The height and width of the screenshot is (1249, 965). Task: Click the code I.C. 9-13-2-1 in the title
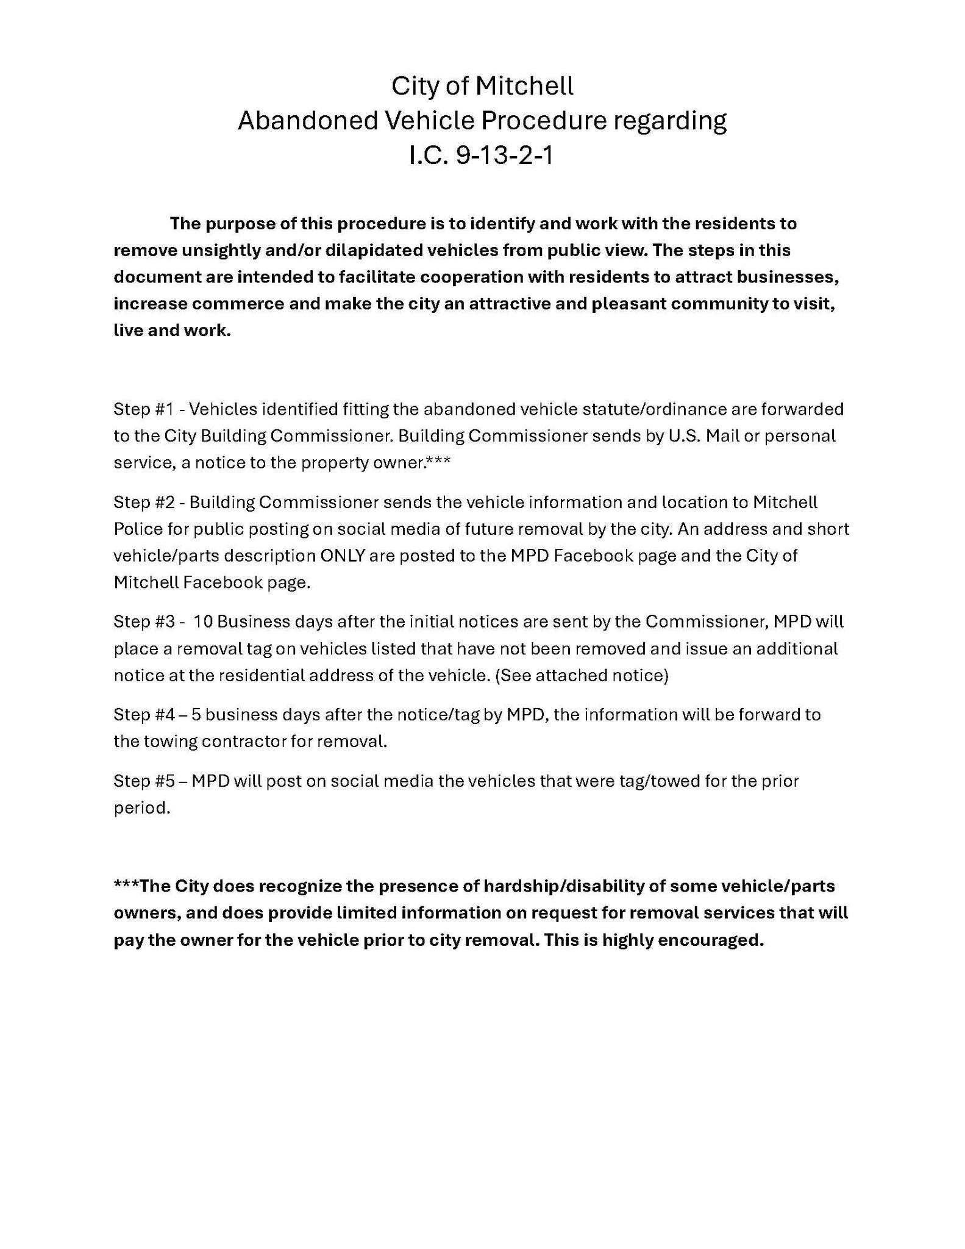pyautogui.click(x=481, y=156)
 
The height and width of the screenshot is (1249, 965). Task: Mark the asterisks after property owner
pyautogui.click(x=439, y=461)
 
